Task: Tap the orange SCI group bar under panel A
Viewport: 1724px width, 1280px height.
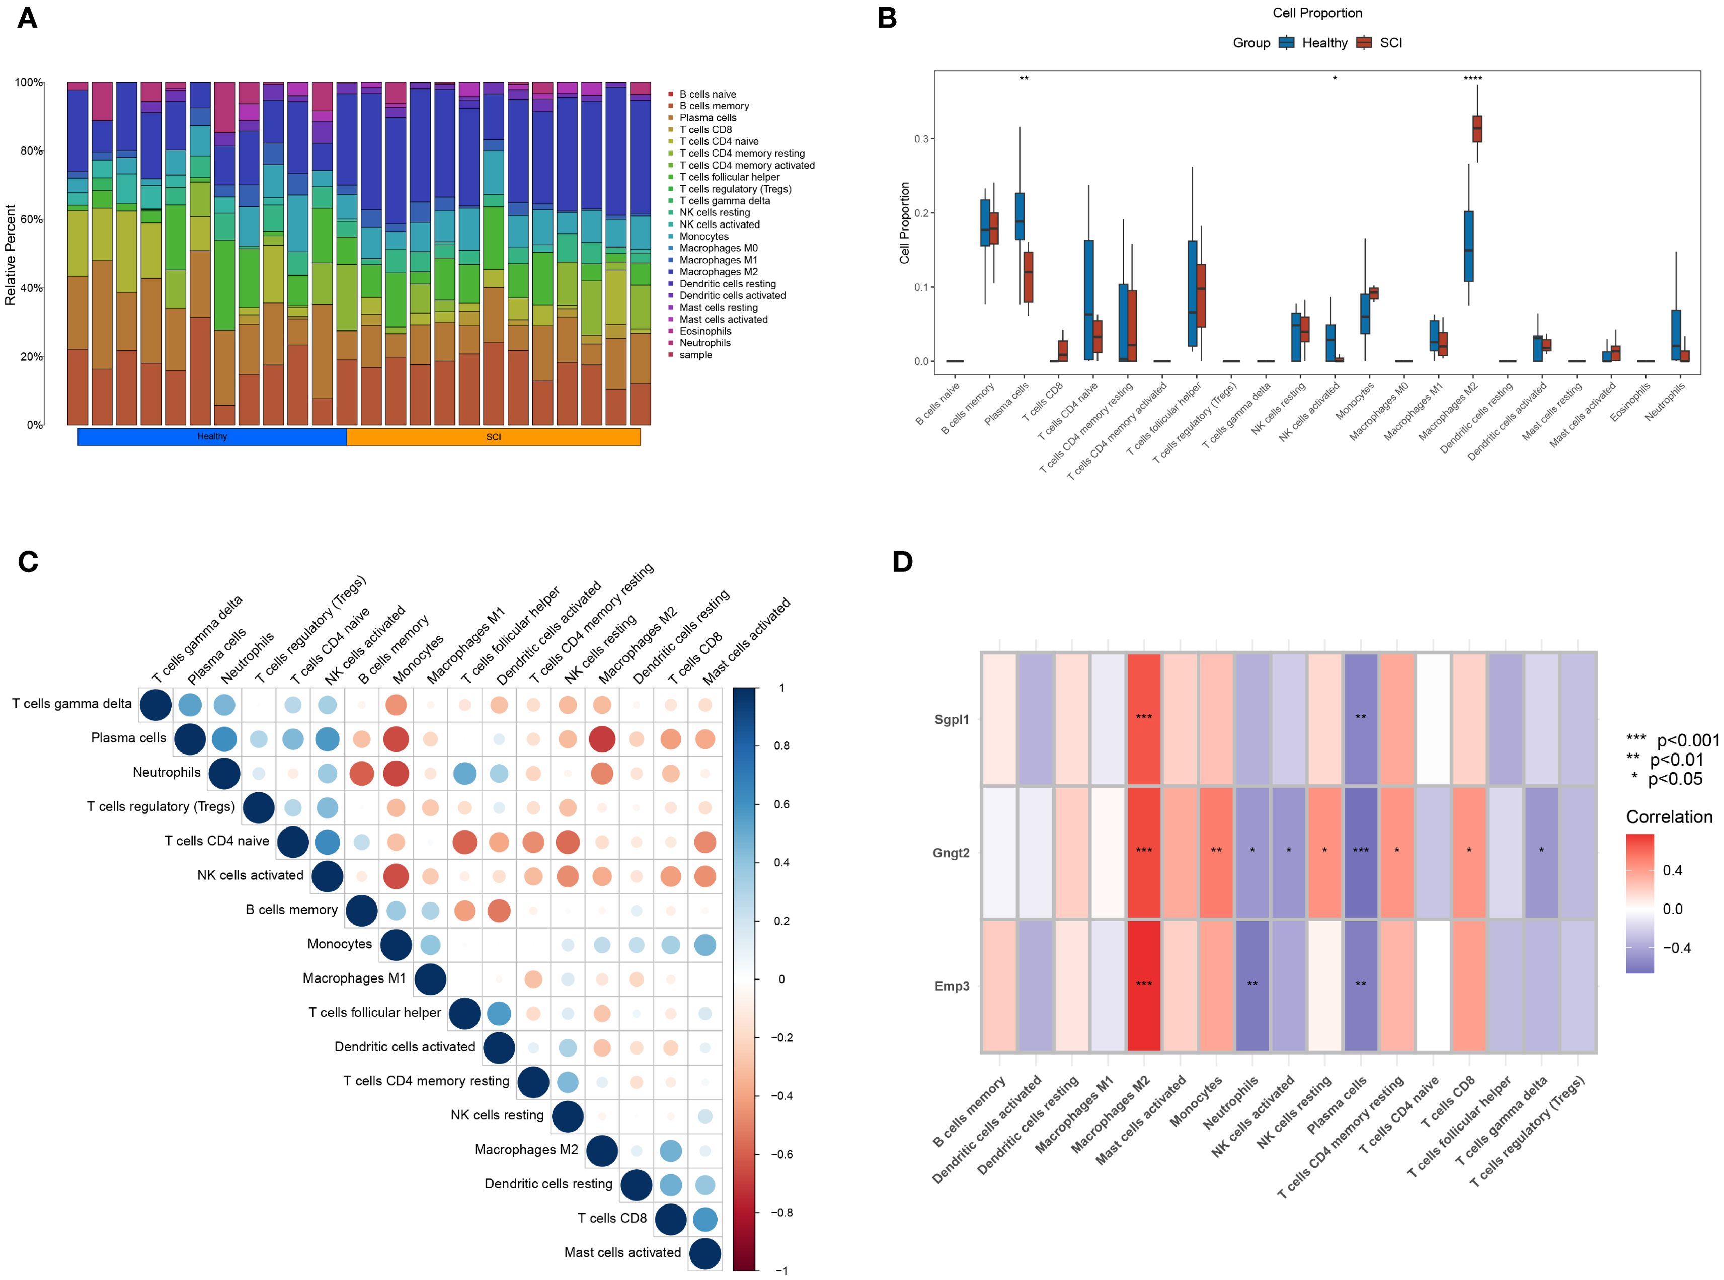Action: [493, 437]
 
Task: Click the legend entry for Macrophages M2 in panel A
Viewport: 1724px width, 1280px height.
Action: [718, 272]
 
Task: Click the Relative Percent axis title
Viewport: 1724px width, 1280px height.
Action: [11, 254]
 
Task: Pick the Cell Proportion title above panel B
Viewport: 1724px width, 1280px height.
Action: [1316, 13]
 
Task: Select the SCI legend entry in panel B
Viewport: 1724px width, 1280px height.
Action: [1390, 43]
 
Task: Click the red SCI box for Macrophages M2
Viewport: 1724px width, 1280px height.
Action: [1477, 129]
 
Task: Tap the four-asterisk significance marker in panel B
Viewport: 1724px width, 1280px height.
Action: [1472, 78]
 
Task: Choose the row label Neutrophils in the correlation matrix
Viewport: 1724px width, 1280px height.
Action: [167, 773]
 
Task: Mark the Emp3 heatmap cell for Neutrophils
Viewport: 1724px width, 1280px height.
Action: [1251, 986]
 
